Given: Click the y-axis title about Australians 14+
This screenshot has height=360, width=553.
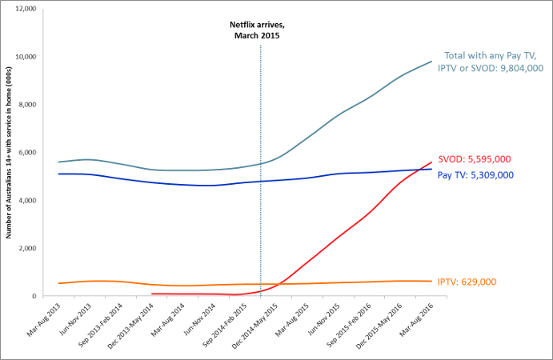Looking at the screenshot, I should coord(9,152).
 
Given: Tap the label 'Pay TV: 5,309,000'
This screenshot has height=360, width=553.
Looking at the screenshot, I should coord(475,174).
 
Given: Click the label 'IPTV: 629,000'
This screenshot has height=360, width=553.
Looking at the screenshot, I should coord(479,282).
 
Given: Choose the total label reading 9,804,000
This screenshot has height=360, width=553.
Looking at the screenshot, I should coord(490,62).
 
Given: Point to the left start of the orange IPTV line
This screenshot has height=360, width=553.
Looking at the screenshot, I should coord(58,283).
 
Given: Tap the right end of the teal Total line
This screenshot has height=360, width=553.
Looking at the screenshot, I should coord(433,61).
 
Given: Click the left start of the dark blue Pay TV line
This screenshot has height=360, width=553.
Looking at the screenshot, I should coord(58,174).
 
